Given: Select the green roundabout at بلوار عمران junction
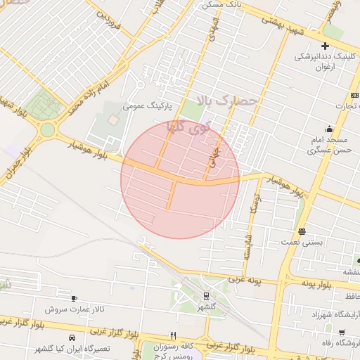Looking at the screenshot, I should click(x=47, y=129).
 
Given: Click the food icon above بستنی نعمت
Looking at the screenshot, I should click(x=302, y=231).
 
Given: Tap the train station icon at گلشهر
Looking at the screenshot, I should click(x=206, y=296).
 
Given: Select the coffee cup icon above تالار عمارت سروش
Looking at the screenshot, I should click(x=74, y=299).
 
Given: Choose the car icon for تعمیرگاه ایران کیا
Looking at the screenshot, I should click(x=72, y=338).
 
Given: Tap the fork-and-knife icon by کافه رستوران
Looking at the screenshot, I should click(x=173, y=335).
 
